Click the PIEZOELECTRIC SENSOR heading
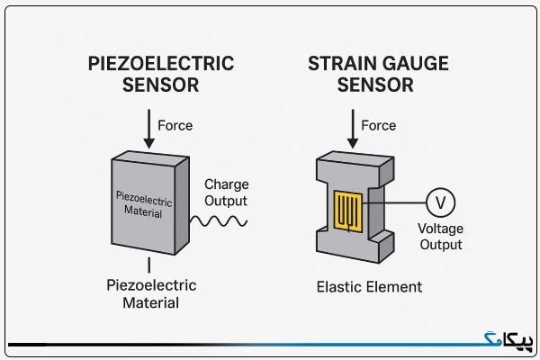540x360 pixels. [161, 74]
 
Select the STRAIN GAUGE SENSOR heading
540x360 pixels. [378, 74]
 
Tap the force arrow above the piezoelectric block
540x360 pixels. [149, 129]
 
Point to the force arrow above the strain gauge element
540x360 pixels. [353, 129]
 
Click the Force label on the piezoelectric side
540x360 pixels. [175, 125]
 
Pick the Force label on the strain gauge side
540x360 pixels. [379, 125]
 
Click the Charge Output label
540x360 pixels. [226, 193]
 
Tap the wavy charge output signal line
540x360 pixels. [219, 221]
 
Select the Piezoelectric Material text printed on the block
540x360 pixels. [144, 204]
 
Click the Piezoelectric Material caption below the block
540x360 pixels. [151, 294]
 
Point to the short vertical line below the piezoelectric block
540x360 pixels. [149, 265]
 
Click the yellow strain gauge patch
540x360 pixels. [348, 211]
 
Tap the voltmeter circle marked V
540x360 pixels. [440, 202]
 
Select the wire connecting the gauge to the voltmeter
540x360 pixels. [394, 202]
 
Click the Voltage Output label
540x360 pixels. [440, 237]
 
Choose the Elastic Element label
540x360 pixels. [369, 287]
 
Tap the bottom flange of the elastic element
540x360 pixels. [355, 245]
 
